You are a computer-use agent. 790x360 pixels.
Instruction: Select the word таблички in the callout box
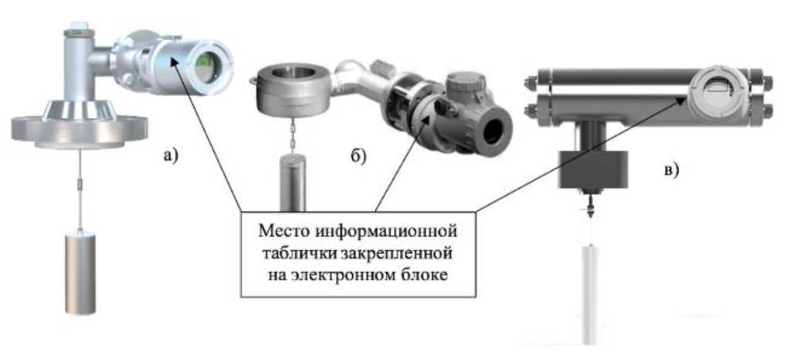tap(298, 253)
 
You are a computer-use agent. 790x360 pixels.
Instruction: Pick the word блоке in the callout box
tap(424, 276)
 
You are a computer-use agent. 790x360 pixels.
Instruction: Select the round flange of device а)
tap(70, 127)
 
